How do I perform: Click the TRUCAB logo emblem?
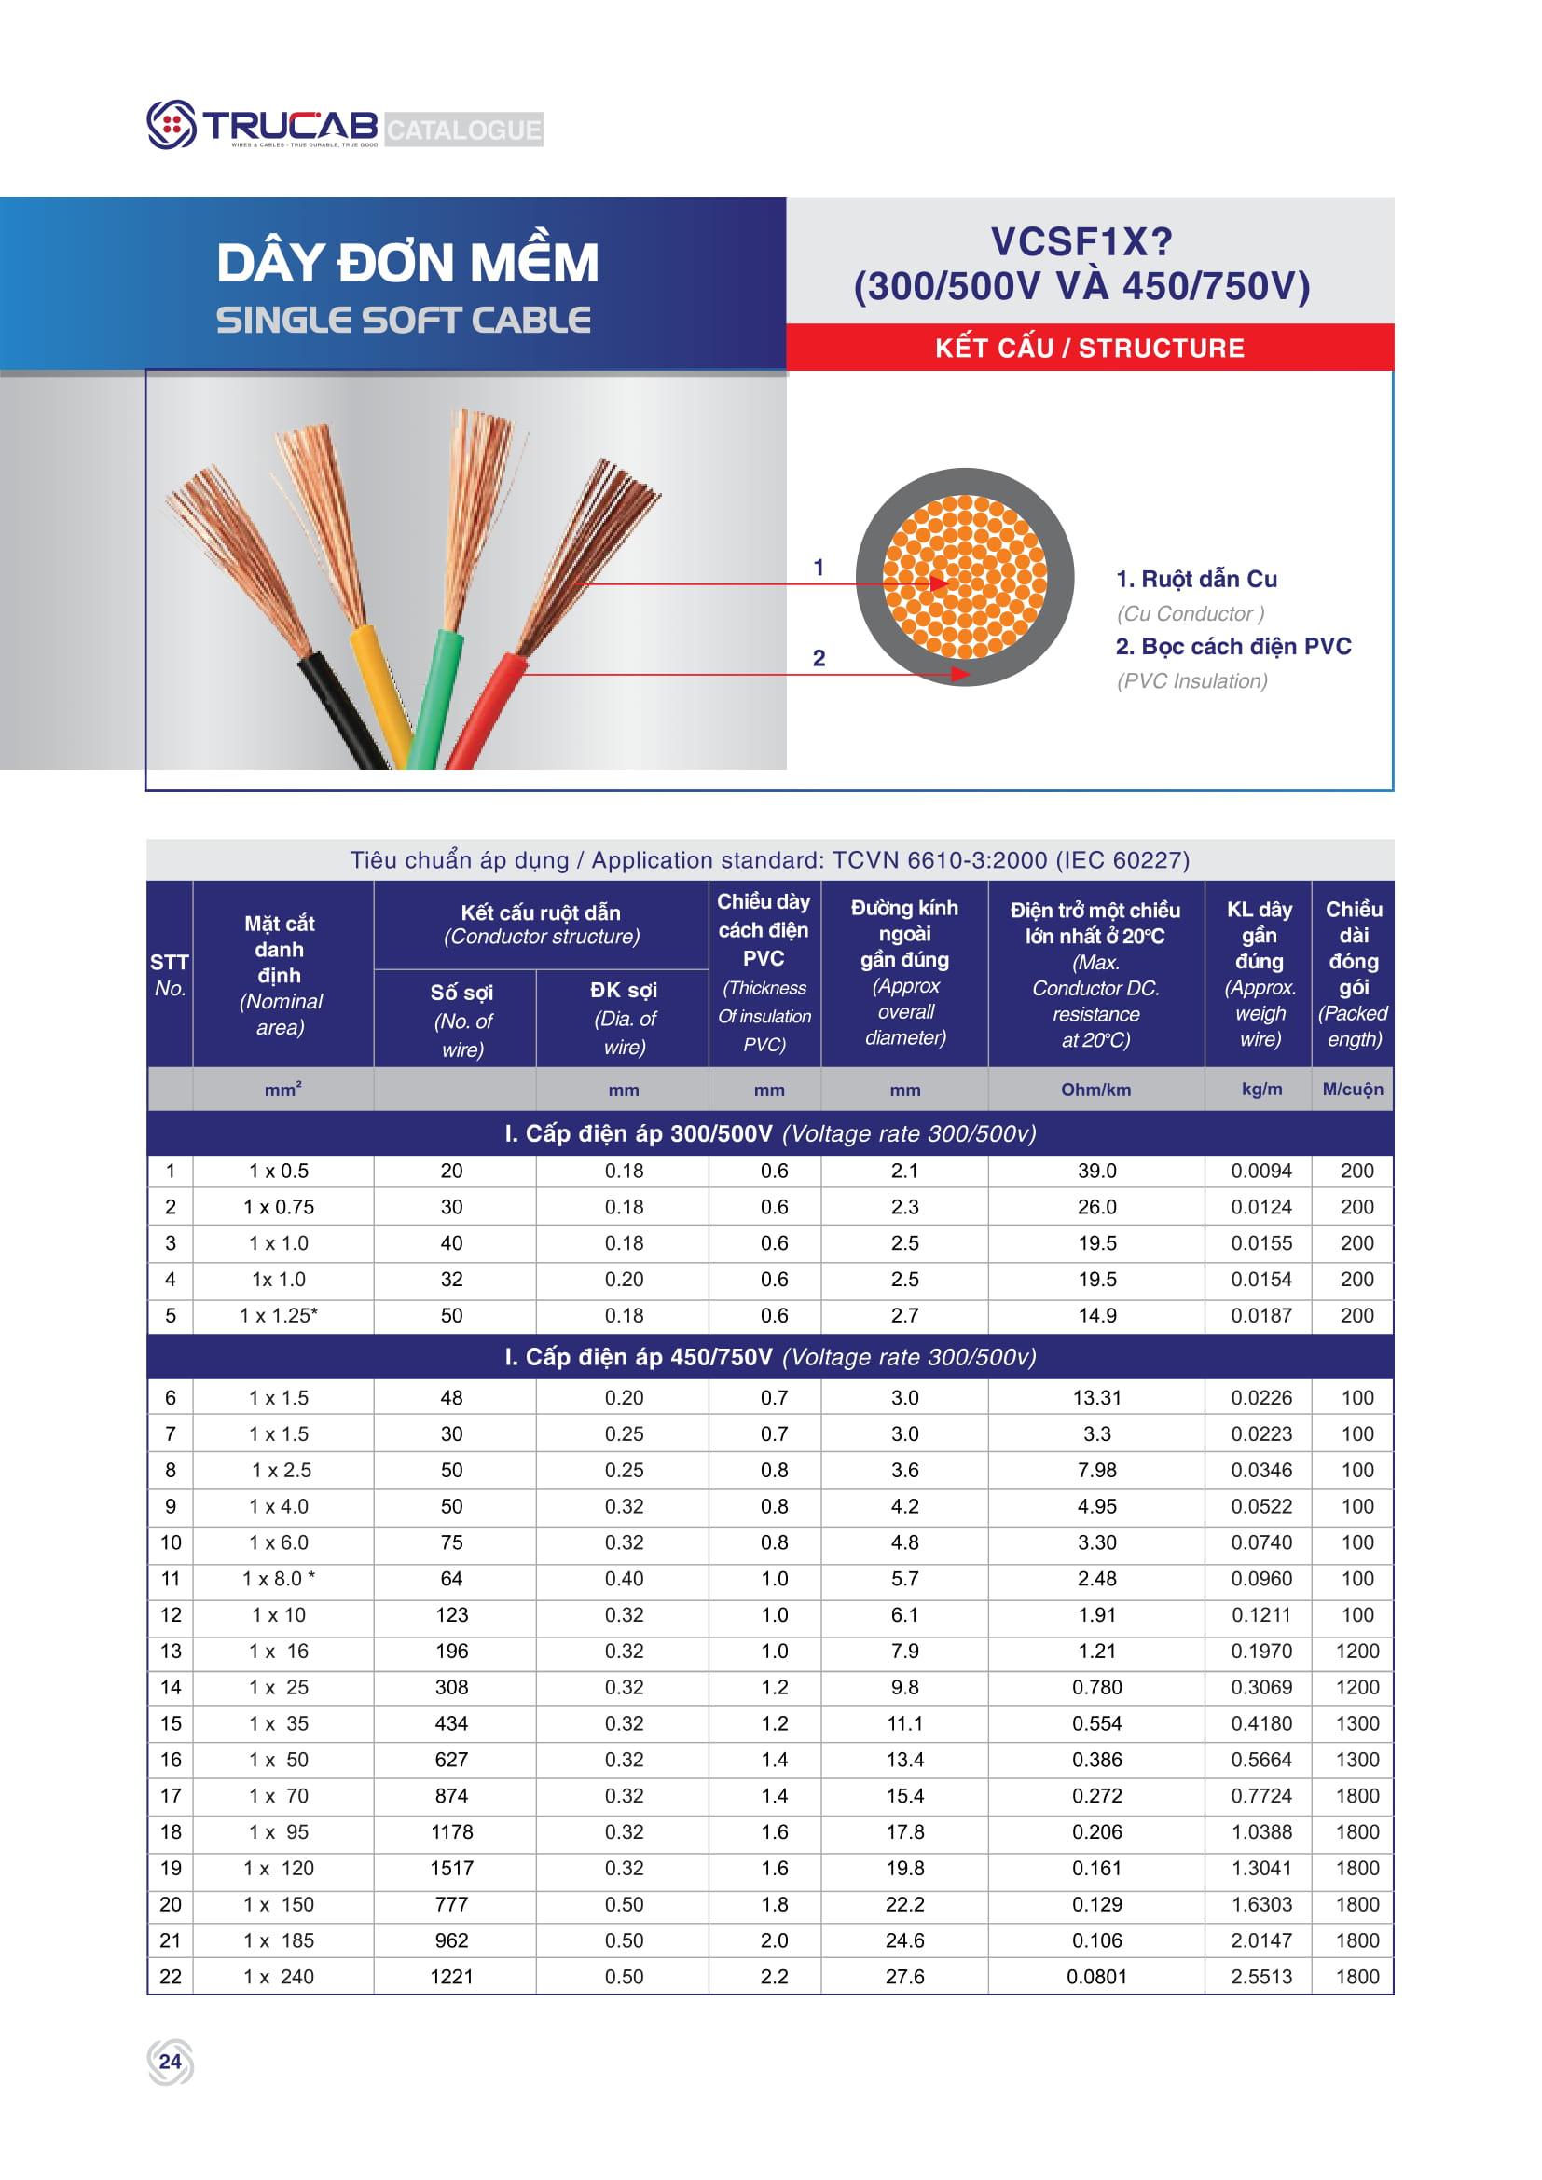(x=171, y=124)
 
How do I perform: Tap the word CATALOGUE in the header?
(x=463, y=130)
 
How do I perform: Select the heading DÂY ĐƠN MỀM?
(x=407, y=263)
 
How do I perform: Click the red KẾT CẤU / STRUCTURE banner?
(x=1089, y=349)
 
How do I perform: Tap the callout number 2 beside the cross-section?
(x=819, y=658)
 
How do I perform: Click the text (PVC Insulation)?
(x=1191, y=680)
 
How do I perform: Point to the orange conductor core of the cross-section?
(x=965, y=576)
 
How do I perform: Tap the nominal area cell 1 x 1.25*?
(x=279, y=1316)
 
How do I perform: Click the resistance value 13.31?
(x=1096, y=1398)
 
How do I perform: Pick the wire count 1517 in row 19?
(x=451, y=1869)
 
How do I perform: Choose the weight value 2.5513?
(x=1261, y=1977)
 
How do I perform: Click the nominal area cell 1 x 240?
(x=279, y=1977)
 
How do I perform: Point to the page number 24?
(x=170, y=2062)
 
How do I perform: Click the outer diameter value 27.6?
(x=904, y=1977)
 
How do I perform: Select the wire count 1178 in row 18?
(x=451, y=1832)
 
